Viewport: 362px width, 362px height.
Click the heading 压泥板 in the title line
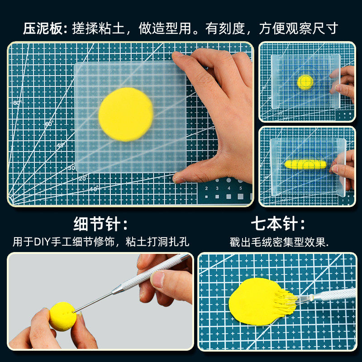43,29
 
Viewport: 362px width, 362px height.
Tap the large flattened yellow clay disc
126,114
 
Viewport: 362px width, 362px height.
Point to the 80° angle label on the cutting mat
18,103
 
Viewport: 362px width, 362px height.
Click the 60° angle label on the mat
49,124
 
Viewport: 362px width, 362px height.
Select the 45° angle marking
61,145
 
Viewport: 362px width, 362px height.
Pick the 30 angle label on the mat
71,168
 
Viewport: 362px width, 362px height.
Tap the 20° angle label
83,178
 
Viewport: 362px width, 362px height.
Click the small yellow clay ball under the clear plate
305,82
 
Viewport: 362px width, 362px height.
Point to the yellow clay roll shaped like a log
305,164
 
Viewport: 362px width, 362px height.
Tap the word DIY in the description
42,242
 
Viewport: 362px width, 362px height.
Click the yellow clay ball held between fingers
63,316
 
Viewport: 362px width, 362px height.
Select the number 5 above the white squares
241,188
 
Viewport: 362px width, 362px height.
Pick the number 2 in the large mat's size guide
206,188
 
